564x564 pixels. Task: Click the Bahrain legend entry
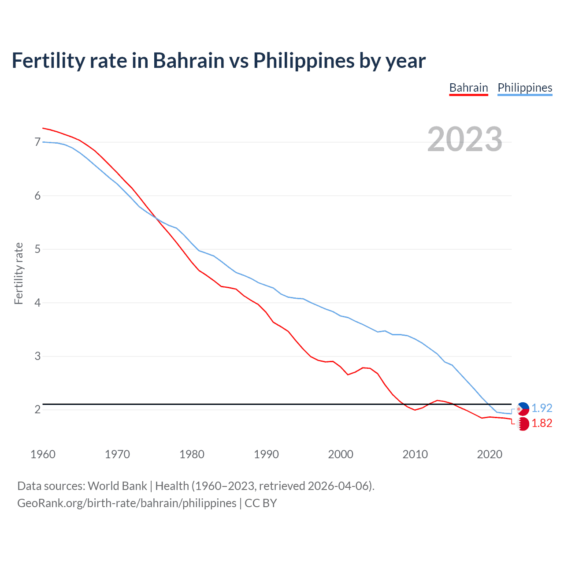pos(468,88)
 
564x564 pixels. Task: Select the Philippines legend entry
pos(525,88)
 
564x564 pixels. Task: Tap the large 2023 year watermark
pos(465,139)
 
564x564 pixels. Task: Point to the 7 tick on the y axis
pos(37,142)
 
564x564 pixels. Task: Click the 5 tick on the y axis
pos(37,249)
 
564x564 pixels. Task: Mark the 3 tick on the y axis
pos(37,356)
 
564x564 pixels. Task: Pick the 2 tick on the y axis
pos(37,410)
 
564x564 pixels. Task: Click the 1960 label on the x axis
pos(43,454)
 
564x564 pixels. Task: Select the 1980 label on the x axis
pos(192,454)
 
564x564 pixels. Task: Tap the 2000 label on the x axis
pos(341,454)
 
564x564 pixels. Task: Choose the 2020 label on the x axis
pos(490,454)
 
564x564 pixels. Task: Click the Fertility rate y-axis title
pos(19,273)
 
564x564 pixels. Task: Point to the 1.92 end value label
pos(542,408)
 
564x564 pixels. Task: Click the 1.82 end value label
pos(542,423)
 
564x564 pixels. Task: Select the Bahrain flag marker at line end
pos(523,424)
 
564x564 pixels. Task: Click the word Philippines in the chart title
pos(304,60)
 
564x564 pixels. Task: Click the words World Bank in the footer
pos(117,486)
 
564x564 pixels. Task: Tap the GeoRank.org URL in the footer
pos(126,503)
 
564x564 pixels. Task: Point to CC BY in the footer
pos(260,503)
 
